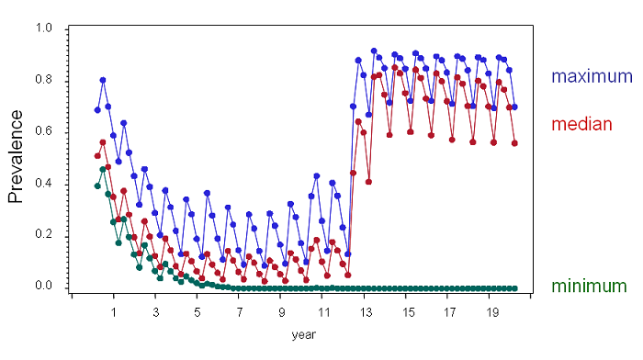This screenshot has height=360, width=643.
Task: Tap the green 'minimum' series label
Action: point(589,287)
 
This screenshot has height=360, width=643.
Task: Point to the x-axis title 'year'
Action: point(303,335)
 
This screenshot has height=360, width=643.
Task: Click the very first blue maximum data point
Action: point(97,110)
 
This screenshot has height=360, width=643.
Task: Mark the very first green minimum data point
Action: point(97,186)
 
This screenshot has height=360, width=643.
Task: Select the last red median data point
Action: point(514,143)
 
